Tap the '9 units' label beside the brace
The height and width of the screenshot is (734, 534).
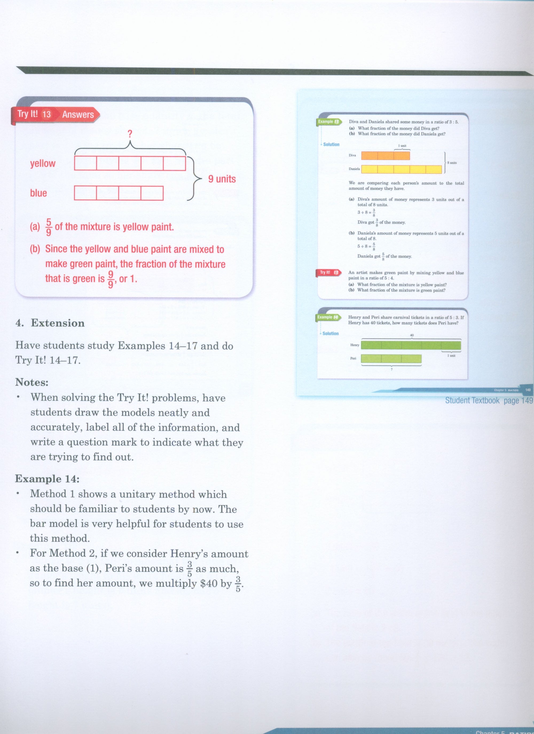(222, 179)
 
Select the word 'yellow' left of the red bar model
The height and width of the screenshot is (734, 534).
(43, 163)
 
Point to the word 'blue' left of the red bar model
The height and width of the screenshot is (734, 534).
(38, 193)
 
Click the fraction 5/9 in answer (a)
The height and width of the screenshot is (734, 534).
(49, 227)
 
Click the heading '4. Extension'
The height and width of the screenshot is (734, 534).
(50, 323)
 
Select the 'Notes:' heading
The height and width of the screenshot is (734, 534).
(32, 382)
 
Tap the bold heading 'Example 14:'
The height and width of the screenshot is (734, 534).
(47, 479)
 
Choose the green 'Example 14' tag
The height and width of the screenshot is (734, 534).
(328, 318)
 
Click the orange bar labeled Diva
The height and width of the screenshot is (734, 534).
(385, 156)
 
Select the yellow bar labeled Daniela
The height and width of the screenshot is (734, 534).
(401, 169)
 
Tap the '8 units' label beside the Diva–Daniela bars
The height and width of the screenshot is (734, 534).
(452, 163)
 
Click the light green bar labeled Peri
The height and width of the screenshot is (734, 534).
(391, 359)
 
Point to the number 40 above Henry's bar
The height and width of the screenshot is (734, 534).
(411, 335)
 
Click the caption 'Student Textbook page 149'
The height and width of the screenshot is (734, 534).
(489, 401)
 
